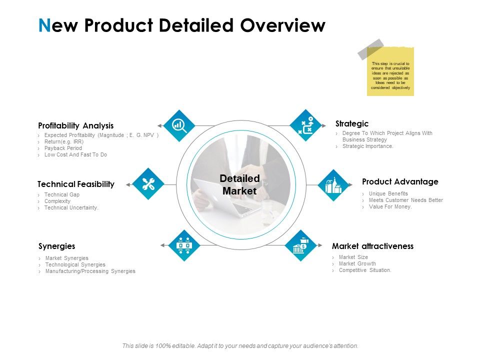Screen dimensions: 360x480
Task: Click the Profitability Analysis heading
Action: [76, 125]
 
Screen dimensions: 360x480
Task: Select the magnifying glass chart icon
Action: [178, 125]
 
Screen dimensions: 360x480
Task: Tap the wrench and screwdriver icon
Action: [148, 184]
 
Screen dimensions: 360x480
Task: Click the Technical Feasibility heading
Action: [76, 184]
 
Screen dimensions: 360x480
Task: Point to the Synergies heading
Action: [57, 246]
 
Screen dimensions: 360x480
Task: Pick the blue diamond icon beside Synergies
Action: [184, 245]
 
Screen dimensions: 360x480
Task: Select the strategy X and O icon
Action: [305, 125]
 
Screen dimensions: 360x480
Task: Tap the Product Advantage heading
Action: [400, 181]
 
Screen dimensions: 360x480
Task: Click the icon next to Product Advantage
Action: [333, 185]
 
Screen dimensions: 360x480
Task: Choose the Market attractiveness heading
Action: [372, 246]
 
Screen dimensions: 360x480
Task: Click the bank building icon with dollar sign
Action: [300, 245]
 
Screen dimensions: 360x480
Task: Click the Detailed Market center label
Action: [239, 184]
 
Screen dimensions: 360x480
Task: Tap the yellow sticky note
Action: [390, 71]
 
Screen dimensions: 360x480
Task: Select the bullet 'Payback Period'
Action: [63, 148]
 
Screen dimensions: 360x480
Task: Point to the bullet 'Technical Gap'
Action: [62, 194]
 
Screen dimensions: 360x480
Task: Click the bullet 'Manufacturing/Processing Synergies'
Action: [90, 271]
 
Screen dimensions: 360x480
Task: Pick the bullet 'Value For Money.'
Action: [390, 206]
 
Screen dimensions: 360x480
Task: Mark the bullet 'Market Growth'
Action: [357, 263]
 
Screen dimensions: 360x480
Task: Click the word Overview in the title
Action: [282, 25]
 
